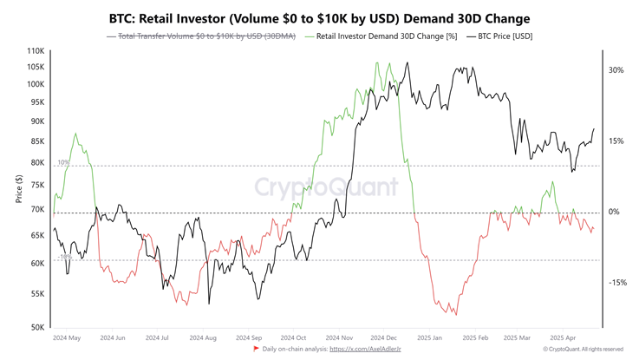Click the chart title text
[x=319, y=18]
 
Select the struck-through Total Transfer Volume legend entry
[x=201, y=36]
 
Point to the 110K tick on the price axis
[x=36, y=52]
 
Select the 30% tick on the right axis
[x=616, y=71]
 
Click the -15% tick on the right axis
[x=616, y=283]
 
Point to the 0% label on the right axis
[x=614, y=213]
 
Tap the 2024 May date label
[x=67, y=337]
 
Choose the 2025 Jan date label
[x=429, y=337]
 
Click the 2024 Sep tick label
[x=248, y=337]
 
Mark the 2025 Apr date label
[x=564, y=337]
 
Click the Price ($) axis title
[x=19, y=188]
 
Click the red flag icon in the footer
[x=256, y=349]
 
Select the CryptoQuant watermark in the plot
[x=326, y=187]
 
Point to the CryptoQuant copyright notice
[x=583, y=349]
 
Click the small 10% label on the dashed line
[x=63, y=163]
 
